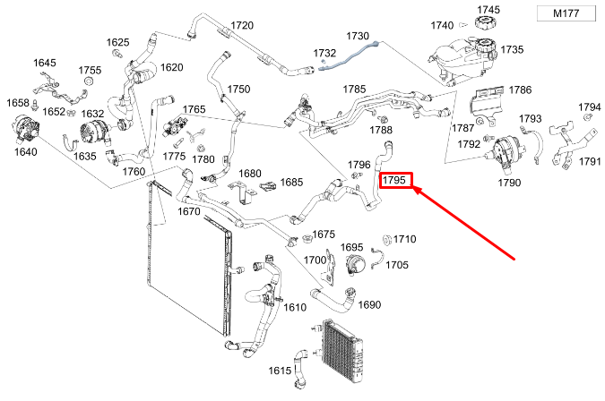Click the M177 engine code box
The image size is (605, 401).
point(566,13)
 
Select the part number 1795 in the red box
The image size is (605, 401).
point(394,180)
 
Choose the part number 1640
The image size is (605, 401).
point(25,152)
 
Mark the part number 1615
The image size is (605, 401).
point(280,371)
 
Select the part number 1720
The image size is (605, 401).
point(242,25)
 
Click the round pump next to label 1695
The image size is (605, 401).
point(353,265)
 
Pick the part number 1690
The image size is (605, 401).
point(369,304)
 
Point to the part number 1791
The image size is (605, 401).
point(590,161)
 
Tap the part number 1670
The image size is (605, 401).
point(189,211)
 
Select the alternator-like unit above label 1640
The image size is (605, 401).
point(26,129)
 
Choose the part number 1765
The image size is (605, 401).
point(194,109)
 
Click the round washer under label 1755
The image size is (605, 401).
point(89,81)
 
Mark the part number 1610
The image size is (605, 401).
point(295,307)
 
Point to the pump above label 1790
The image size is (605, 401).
point(506,150)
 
